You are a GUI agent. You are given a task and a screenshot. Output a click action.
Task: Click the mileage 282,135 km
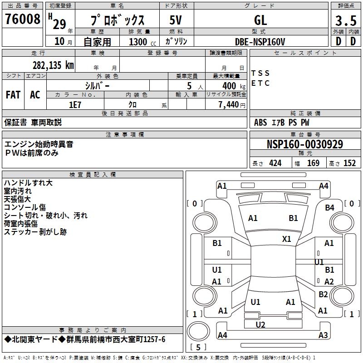click(53, 65)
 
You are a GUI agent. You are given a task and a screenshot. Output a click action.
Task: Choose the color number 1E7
click(75, 104)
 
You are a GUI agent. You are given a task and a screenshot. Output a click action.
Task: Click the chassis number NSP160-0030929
click(304, 144)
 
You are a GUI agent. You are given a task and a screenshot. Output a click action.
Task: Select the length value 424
click(274, 163)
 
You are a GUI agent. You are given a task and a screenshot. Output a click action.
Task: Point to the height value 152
click(349, 163)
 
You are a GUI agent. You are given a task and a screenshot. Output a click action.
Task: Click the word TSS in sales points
click(260, 73)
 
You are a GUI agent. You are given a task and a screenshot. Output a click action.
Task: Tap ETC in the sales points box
click(260, 83)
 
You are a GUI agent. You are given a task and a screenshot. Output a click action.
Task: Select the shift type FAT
click(13, 95)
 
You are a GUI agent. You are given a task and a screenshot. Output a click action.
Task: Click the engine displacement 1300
click(138, 42)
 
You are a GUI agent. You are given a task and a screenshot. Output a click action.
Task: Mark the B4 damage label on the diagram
click(329, 207)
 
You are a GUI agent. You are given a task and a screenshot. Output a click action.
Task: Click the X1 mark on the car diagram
click(286, 239)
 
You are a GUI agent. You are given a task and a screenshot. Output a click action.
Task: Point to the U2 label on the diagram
click(260, 324)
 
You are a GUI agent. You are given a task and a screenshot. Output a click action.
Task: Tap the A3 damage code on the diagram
click(323, 335)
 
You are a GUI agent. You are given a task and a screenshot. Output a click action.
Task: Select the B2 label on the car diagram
click(323, 294)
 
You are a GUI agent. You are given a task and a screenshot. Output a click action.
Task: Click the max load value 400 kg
click(229, 86)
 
